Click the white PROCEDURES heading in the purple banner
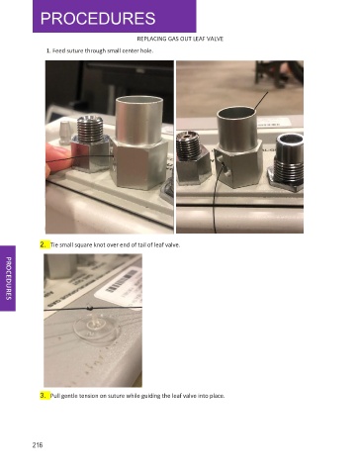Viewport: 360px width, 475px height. point(98,19)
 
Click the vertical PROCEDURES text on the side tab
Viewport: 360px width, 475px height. point(9,278)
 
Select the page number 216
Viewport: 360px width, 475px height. point(38,445)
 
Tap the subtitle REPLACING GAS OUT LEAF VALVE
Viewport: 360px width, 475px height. point(180,39)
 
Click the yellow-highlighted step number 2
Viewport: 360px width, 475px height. point(44,244)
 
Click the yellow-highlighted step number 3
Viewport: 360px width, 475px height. point(44,396)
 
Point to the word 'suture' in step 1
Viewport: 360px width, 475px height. point(75,50)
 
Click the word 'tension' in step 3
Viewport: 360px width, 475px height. point(88,396)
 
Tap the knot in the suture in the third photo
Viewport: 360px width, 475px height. point(89,309)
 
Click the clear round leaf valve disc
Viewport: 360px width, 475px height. point(96,328)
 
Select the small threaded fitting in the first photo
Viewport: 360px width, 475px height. point(89,142)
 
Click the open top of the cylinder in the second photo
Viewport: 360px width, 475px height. point(236,113)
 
